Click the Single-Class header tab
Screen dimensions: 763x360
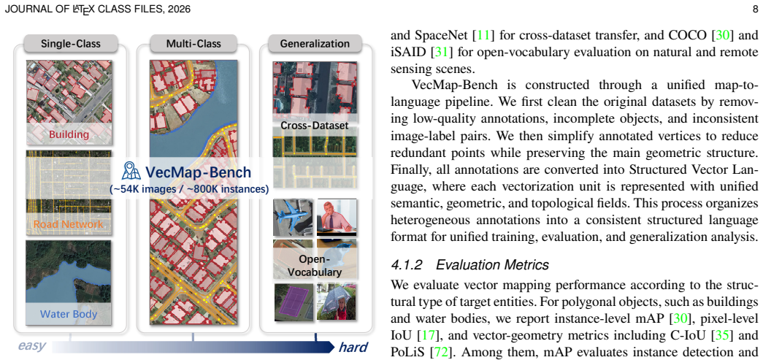71,43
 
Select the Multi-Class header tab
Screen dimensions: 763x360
193,43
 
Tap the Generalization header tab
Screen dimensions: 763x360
315,43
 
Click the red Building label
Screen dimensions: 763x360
68,134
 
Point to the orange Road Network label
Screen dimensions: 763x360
68,223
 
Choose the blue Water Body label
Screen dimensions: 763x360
68,314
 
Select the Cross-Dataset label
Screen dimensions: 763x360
315,126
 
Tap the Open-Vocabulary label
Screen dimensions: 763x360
315,266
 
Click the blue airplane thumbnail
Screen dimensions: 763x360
293,216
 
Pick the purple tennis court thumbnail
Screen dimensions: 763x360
293,302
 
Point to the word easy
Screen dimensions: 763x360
32,346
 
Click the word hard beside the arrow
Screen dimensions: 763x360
353,347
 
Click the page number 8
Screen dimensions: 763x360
755,9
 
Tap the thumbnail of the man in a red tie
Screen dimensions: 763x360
337,216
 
